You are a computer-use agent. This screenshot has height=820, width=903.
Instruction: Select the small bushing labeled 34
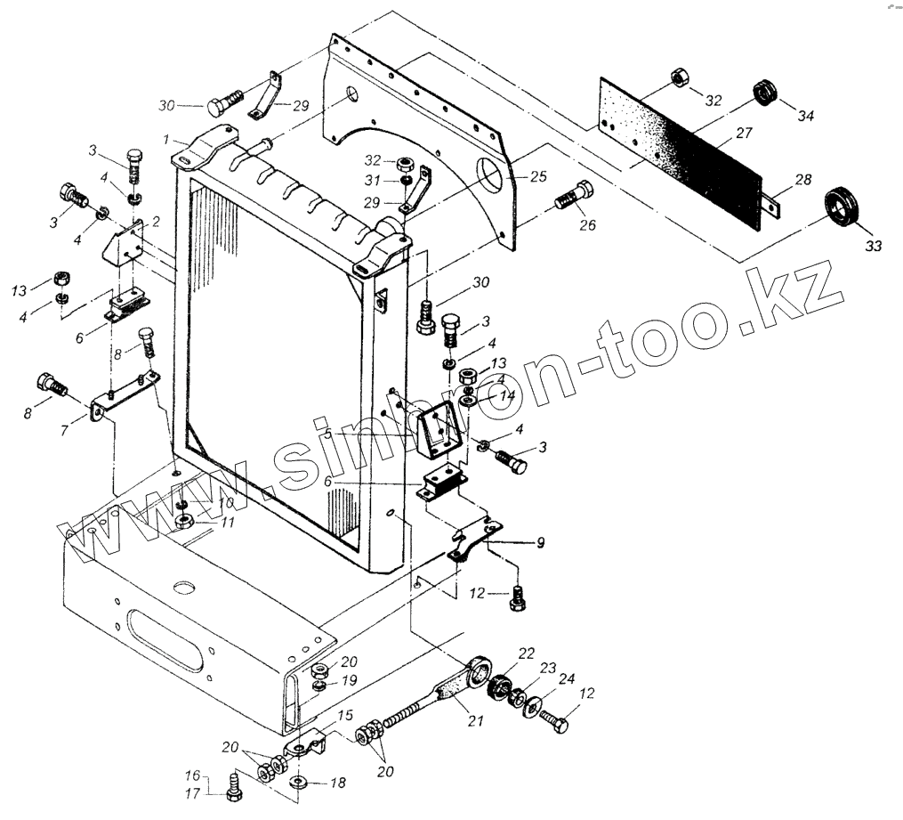(762, 92)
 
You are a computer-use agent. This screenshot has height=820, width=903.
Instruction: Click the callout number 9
(540, 541)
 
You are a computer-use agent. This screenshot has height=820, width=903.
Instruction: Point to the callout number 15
(344, 714)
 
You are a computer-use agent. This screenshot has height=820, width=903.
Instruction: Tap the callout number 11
(228, 523)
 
